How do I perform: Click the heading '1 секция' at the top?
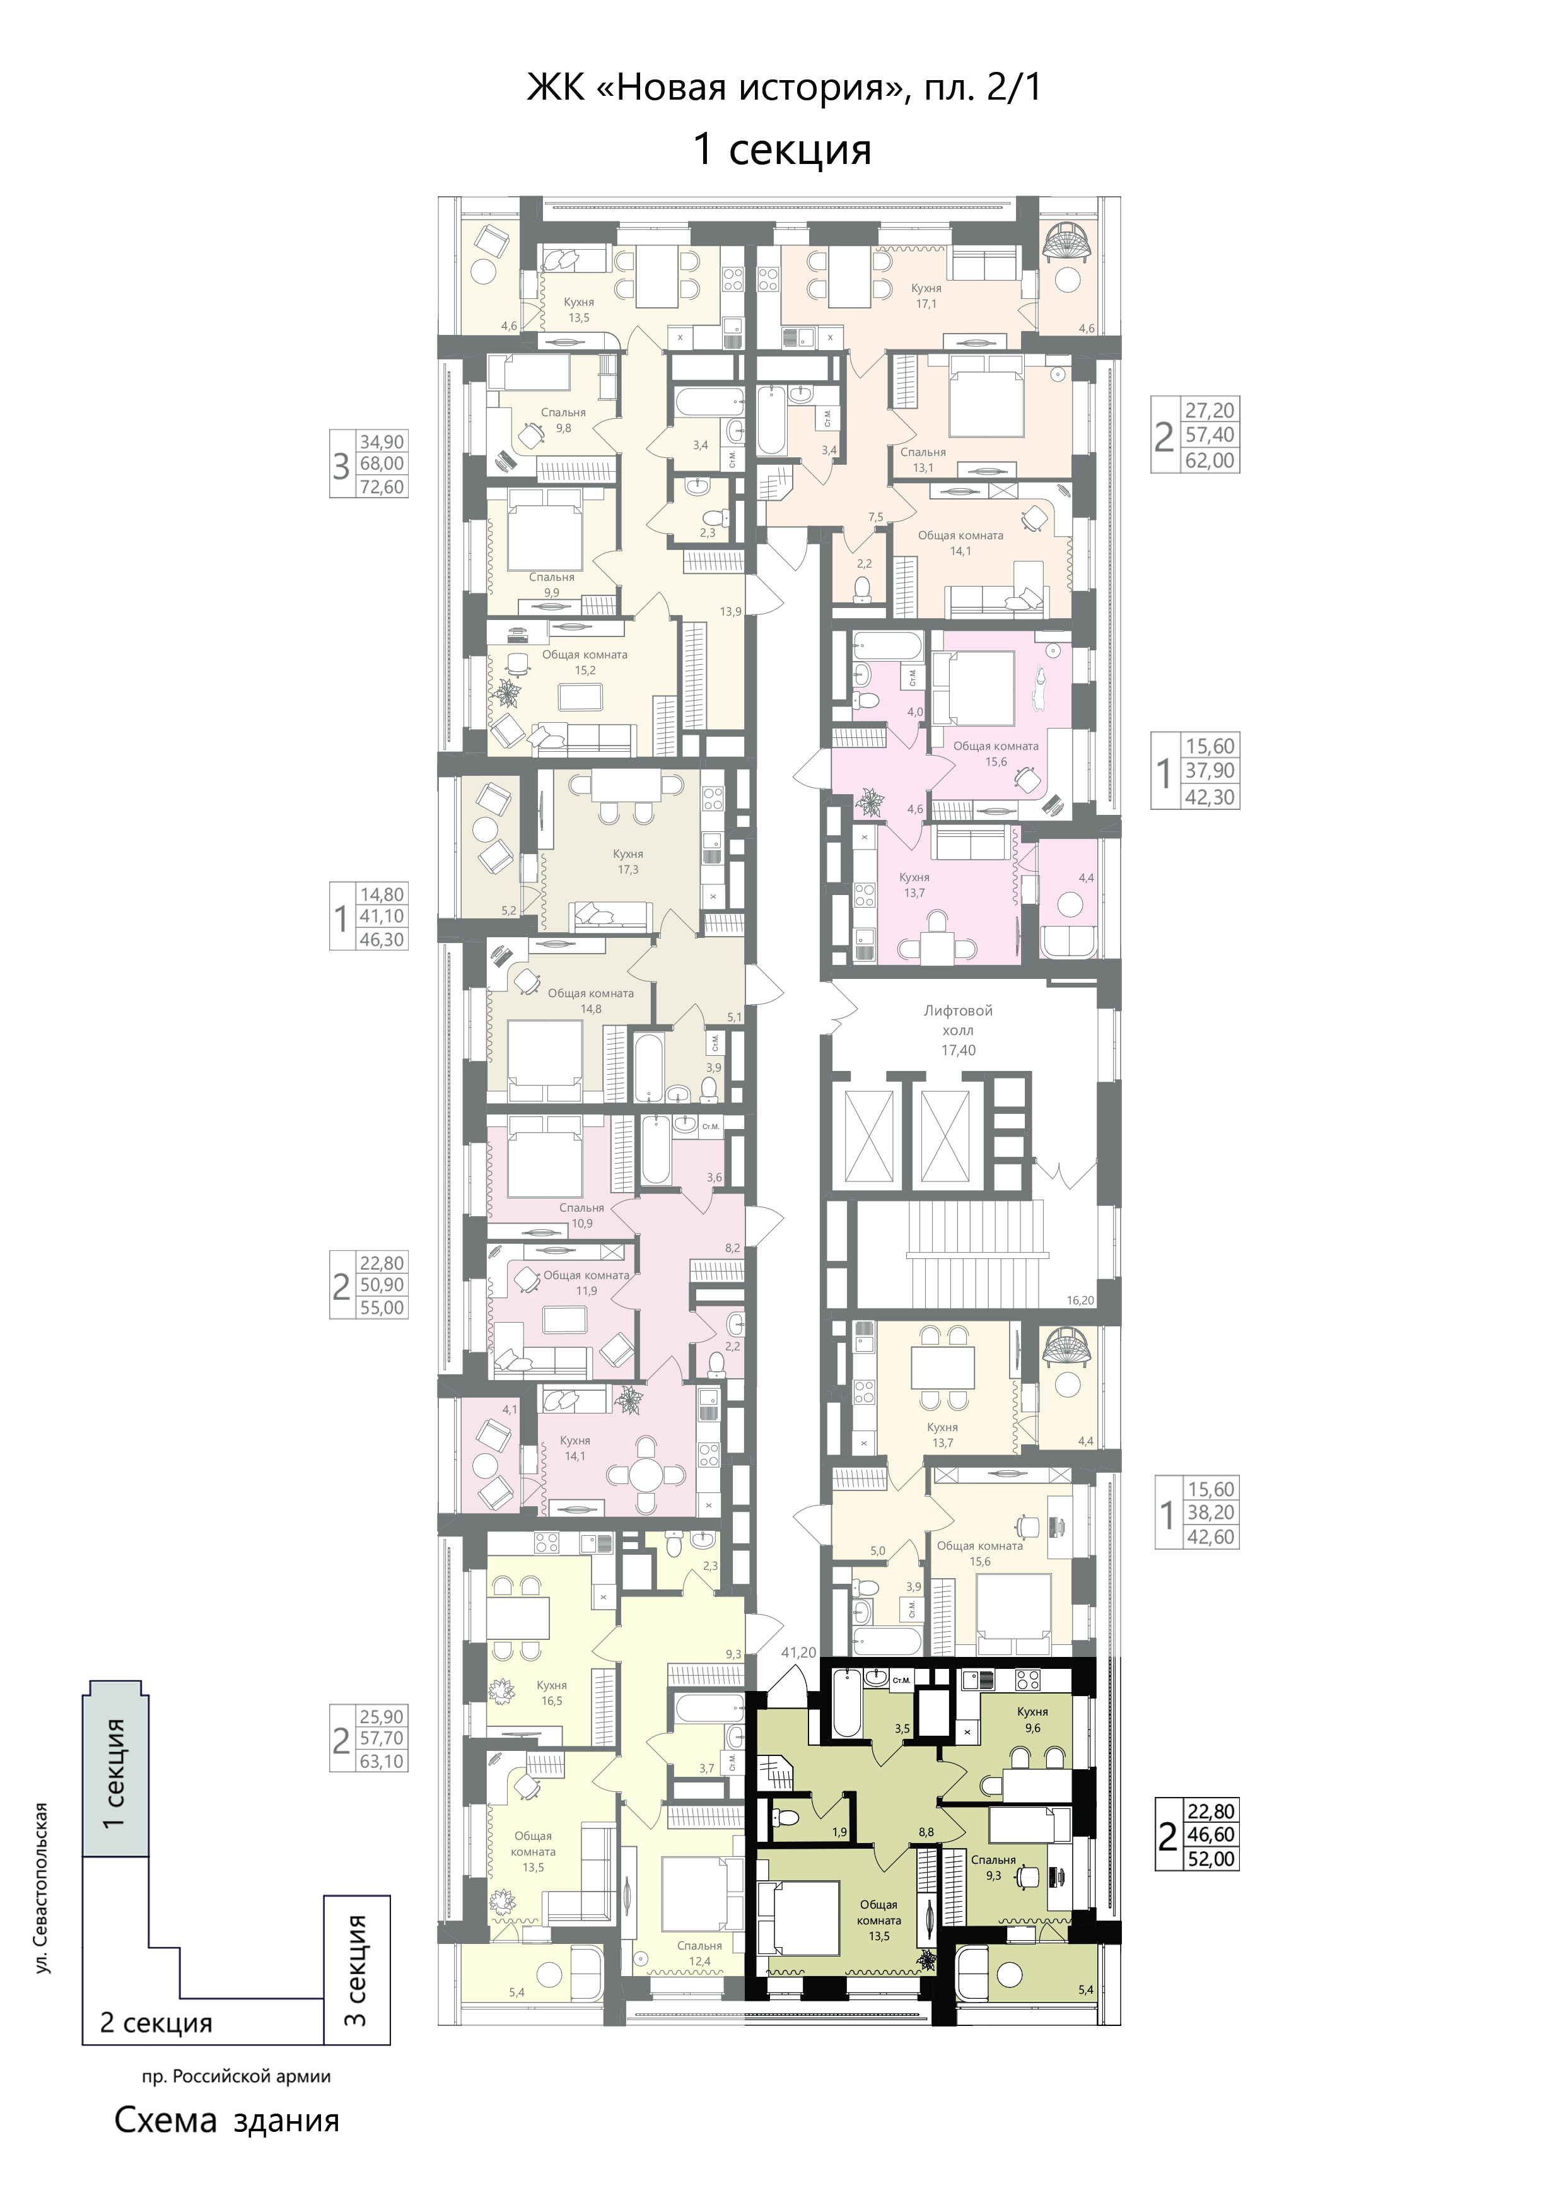[x=782, y=149]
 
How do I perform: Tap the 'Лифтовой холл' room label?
[x=958, y=1021]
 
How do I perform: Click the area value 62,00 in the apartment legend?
[x=1210, y=460]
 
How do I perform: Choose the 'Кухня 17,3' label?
[x=628, y=862]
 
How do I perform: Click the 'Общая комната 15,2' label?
[x=585, y=662]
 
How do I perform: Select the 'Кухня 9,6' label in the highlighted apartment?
[x=1032, y=1719]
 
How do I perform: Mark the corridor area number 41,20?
[x=798, y=1653]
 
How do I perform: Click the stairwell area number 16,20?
[x=1080, y=1300]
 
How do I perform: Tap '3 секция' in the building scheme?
[x=356, y=1971]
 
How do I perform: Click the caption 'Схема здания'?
[x=227, y=2121]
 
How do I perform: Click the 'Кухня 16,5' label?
[x=552, y=1693]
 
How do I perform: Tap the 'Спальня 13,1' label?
[x=923, y=460]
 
